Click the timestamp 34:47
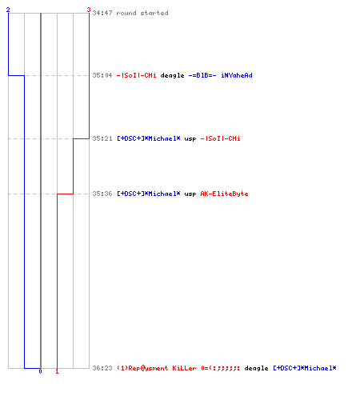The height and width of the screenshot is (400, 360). point(102,13)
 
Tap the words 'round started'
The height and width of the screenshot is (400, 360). point(142,13)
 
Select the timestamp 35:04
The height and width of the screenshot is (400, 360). point(102,75)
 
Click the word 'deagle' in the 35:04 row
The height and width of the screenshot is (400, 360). point(172,76)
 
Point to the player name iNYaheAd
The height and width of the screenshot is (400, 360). point(237,75)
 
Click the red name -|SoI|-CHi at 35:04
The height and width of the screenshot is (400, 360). point(137,75)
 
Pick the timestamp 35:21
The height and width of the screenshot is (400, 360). point(102,138)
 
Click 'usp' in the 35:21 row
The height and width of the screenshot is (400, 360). point(190,139)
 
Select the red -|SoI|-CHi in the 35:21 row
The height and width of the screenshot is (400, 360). point(220,138)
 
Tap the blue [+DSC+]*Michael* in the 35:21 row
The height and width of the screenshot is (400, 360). point(149,138)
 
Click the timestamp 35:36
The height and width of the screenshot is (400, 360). point(102,194)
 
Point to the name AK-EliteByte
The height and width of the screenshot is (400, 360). point(224,194)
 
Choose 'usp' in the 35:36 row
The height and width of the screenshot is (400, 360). point(190,194)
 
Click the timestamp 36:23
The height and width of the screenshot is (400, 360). point(102,368)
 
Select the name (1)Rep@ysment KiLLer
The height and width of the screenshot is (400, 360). point(157,368)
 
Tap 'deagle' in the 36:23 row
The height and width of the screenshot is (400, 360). point(256,369)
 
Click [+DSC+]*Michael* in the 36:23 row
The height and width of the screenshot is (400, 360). point(305,368)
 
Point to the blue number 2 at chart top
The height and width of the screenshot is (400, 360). point(8,10)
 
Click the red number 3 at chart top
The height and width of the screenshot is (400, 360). point(89,10)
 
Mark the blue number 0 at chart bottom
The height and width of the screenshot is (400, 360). point(40,371)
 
